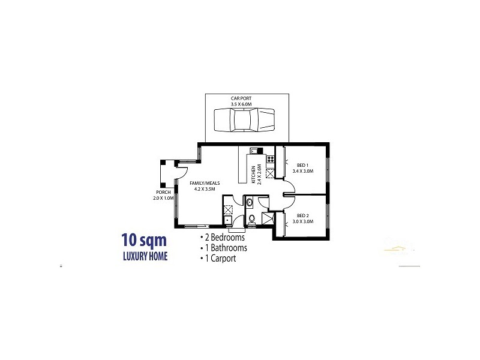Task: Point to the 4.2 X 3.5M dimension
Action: (204, 189)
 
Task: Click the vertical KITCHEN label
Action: (254, 173)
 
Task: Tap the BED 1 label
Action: (302, 165)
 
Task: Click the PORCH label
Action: (162, 193)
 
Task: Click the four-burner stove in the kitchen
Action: (270, 160)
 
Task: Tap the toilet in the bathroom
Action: (252, 220)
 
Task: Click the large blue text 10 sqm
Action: (144, 241)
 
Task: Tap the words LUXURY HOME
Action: (144, 256)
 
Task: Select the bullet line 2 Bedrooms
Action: (224, 238)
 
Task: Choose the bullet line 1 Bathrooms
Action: (224, 248)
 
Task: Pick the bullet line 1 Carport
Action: (219, 259)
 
